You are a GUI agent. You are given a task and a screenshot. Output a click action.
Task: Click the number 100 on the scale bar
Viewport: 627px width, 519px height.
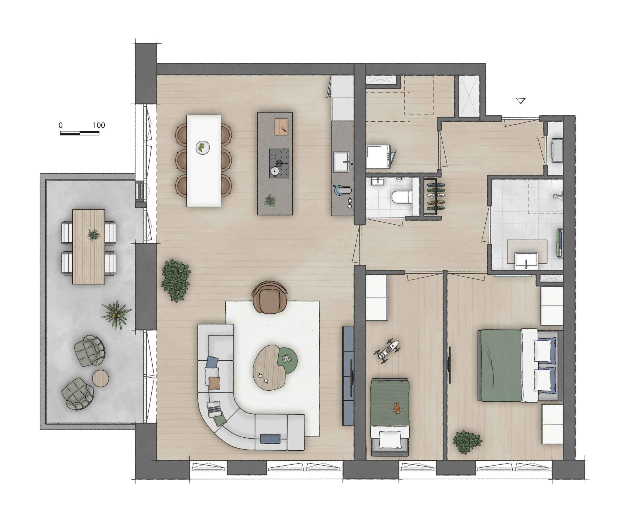99,125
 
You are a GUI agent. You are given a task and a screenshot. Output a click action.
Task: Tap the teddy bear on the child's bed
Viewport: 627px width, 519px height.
397,408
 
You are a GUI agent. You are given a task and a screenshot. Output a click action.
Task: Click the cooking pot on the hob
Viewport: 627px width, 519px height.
274,171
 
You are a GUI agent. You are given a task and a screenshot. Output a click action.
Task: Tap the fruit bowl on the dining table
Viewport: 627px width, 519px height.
202,148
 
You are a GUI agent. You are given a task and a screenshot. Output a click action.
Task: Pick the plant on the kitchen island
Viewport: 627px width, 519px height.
270,200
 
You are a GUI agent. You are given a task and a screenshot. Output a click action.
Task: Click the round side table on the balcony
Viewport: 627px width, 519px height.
100,379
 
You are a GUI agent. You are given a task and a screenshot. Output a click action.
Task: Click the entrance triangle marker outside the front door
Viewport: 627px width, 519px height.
521,101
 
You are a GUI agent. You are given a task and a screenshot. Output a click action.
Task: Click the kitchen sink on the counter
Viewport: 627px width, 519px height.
341,162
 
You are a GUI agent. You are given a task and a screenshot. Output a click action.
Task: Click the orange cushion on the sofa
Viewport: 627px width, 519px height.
214,383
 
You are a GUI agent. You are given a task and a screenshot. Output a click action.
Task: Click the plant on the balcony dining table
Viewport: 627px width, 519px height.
94,235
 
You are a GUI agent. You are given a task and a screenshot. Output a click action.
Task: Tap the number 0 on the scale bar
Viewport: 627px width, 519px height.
61,125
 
